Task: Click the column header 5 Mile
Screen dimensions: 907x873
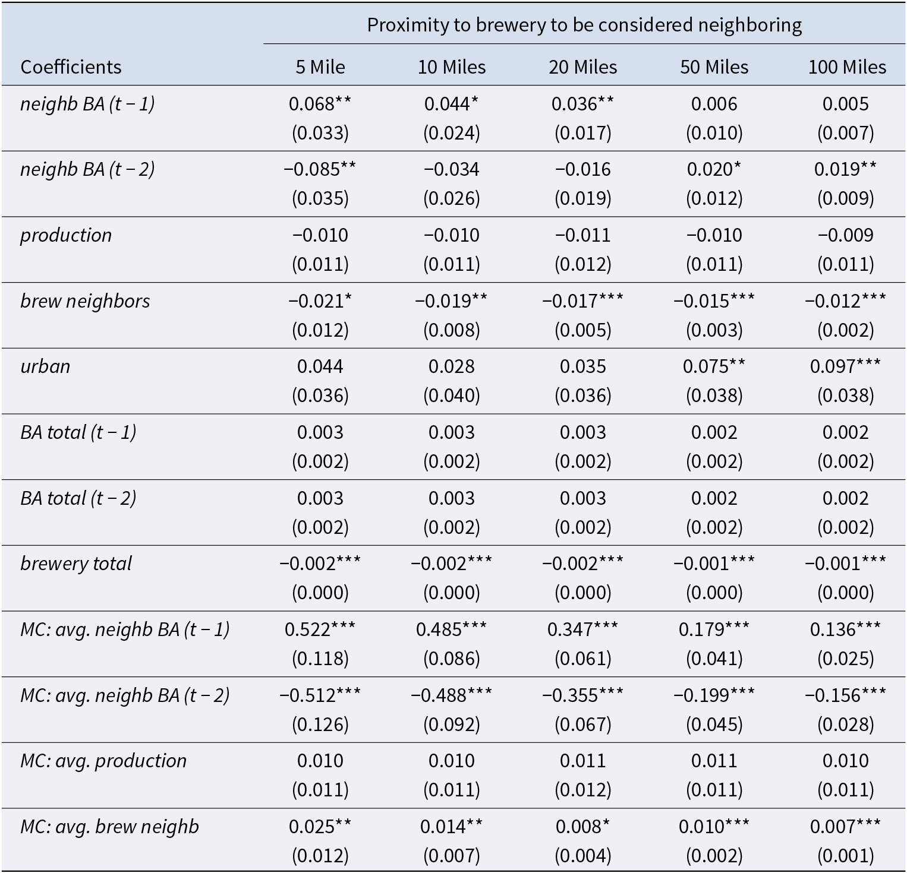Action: (x=320, y=67)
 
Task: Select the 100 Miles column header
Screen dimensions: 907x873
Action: (x=847, y=67)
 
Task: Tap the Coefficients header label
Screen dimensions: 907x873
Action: (x=71, y=67)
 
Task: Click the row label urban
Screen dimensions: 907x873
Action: (x=45, y=366)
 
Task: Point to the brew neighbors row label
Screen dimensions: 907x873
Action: (x=85, y=301)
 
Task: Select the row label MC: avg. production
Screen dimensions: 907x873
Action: (x=103, y=761)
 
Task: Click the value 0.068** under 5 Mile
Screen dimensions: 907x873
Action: (x=320, y=104)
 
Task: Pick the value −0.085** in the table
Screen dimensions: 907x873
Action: (x=320, y=169)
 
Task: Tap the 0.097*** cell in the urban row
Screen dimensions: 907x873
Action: (x=846, y=366)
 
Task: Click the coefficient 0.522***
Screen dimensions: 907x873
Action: (x=320, y=630)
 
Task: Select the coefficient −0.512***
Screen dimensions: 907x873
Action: (x=320, y=695)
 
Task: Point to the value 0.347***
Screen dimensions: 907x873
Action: (x=583, y=630)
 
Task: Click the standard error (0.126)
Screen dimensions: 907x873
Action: (x=320, y=724)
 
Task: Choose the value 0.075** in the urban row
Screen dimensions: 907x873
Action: (x=714, y=366)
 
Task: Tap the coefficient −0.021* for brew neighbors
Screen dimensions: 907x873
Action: (x=320, y=301)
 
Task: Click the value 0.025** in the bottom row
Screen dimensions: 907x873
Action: (x=320, y=826)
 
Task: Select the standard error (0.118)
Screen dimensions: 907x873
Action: (x=320, y=658)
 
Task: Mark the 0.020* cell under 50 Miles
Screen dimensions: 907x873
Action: (x=714, y=169)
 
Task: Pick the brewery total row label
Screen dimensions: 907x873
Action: (x=76, y=564)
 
